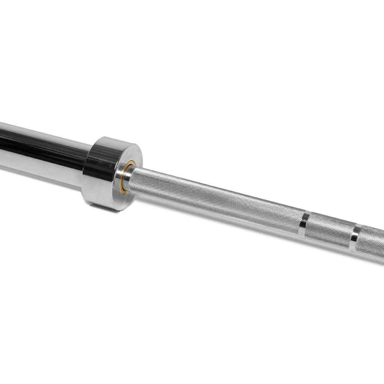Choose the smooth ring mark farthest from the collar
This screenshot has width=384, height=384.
pos(355,238)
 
